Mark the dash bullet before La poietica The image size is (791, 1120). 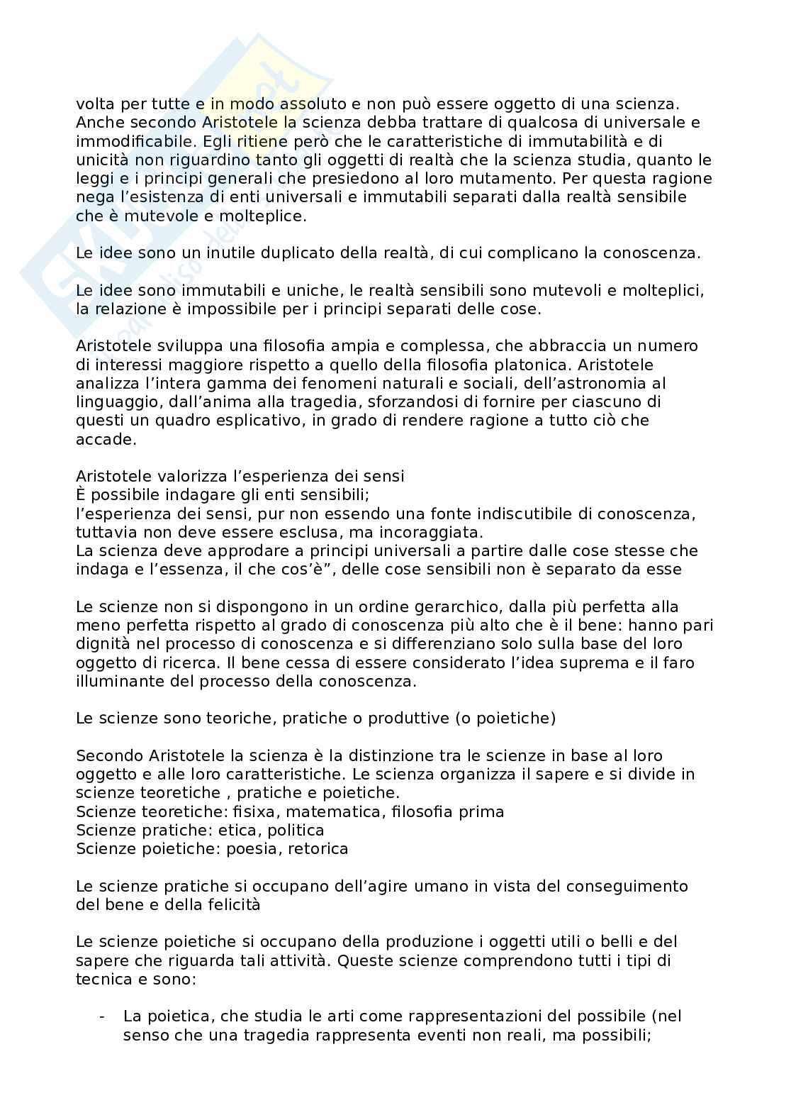pos(103,1016)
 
